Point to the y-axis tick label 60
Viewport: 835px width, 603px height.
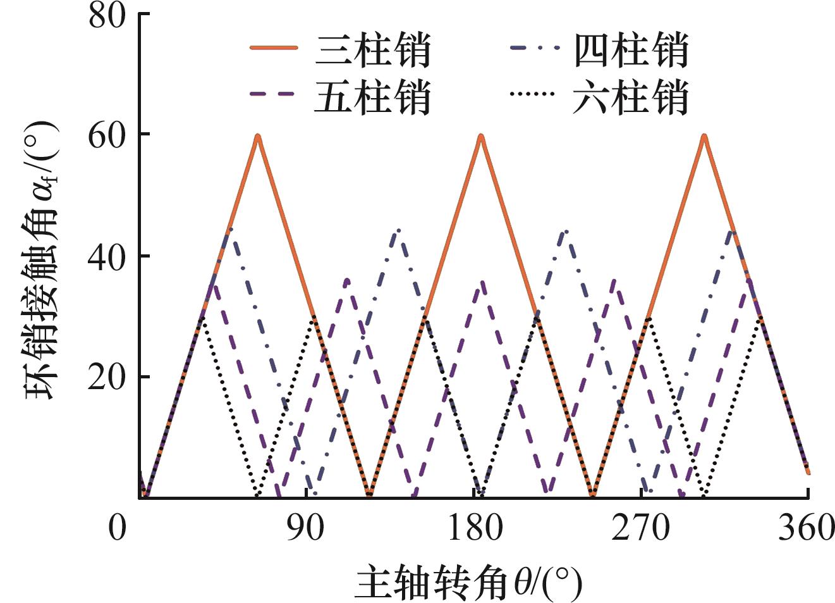[107, 135]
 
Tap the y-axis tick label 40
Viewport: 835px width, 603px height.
[107, 256]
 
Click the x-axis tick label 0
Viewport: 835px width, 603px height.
[118, 527]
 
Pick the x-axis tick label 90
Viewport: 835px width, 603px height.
[306, 527]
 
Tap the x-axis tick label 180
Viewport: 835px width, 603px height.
[475, 527]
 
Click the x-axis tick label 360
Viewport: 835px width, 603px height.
[807, 527]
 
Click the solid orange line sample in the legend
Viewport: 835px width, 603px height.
[273, 48]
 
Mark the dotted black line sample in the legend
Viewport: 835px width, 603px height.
[532, 94]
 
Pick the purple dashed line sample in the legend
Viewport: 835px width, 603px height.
[273, 94]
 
